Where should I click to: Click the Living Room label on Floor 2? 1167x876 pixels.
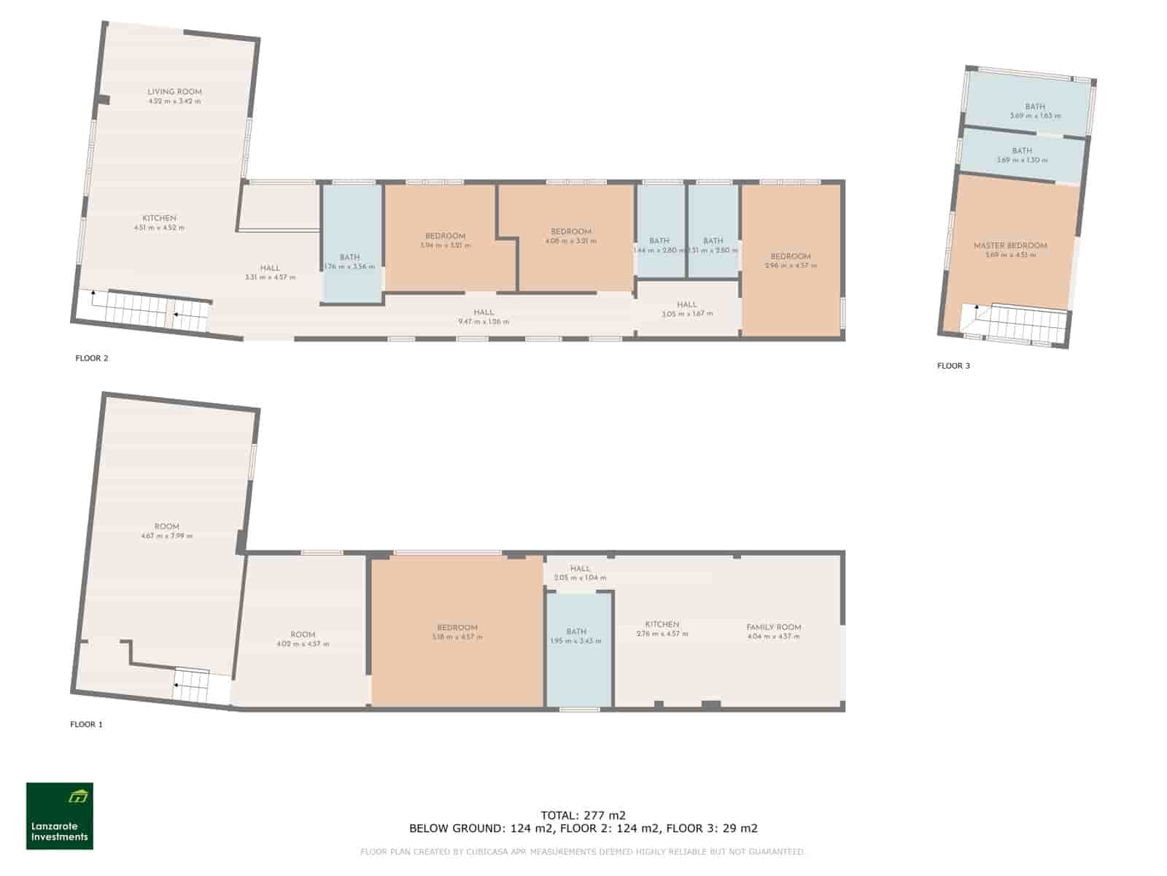click(x=174, y=92)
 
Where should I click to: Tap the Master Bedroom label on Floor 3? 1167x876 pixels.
click(x=1010, y=246)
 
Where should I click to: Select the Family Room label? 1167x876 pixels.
click(x=773, y=627)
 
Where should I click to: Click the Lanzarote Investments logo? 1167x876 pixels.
click(x=60, y=816)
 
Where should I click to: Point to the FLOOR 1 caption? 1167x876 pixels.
click(x=86, y=724)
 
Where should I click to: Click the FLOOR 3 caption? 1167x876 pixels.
click(x=953, y=366)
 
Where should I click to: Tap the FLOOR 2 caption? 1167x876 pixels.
click(x=92, y=358)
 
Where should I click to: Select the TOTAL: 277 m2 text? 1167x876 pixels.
click(x=583, y=815)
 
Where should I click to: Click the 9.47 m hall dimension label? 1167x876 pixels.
click(x=483, y=321)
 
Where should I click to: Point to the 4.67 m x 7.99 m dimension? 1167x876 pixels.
click(x=167, y=536)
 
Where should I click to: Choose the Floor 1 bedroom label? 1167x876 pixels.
click(x=457, y=628)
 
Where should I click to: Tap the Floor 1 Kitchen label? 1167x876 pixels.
click(x=662, y=625)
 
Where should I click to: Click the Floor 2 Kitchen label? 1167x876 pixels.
click(x=159, y=218)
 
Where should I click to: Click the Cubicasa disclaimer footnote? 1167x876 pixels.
click(x=583, y=852)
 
